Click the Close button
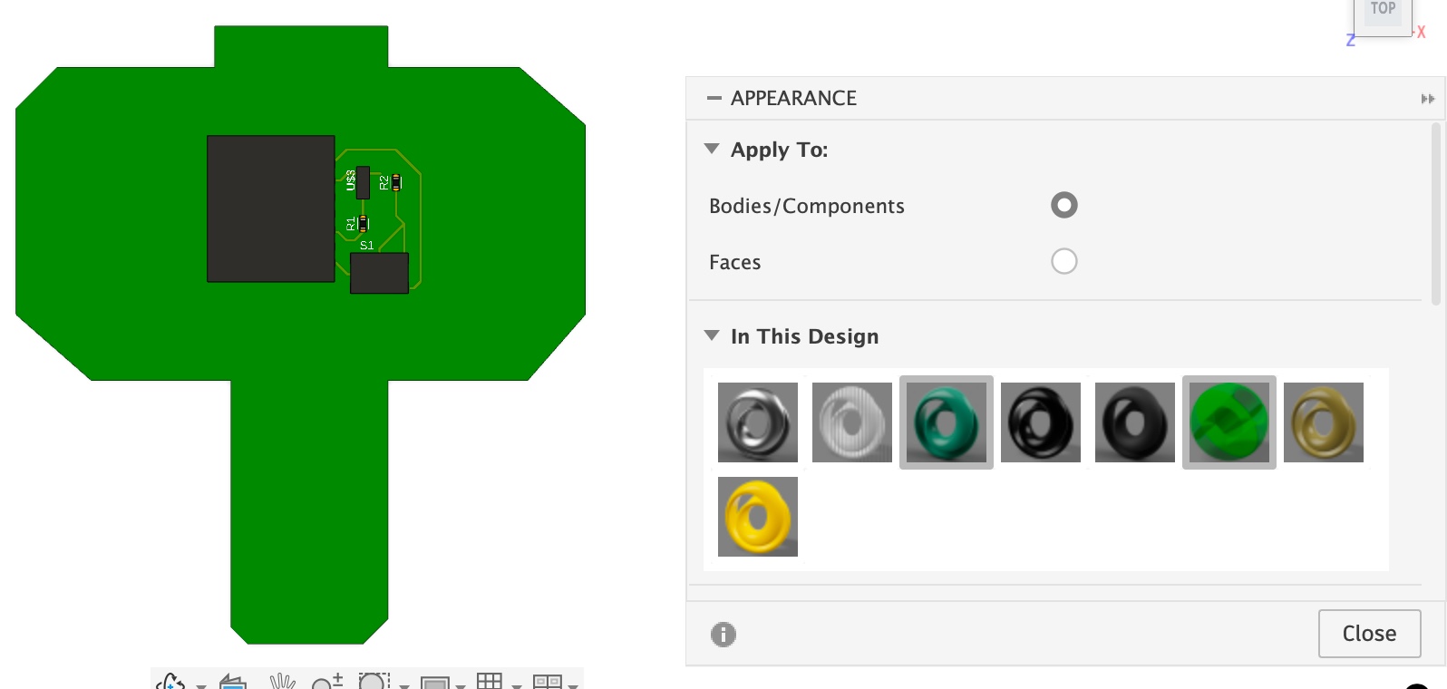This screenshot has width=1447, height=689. point(1369,634)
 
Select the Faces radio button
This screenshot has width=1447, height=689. point(1063,261)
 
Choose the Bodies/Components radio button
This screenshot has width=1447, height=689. point(1063,206)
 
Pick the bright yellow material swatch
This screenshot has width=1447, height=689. point(758,517)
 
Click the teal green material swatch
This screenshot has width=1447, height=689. point(947,422)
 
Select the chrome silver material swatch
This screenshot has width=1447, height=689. point(758,422)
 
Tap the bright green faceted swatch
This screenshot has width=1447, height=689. point(1229,422)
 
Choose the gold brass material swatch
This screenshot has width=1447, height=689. point(1324,422)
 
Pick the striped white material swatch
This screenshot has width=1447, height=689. point(852,422)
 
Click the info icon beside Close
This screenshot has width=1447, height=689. point(723,635)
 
